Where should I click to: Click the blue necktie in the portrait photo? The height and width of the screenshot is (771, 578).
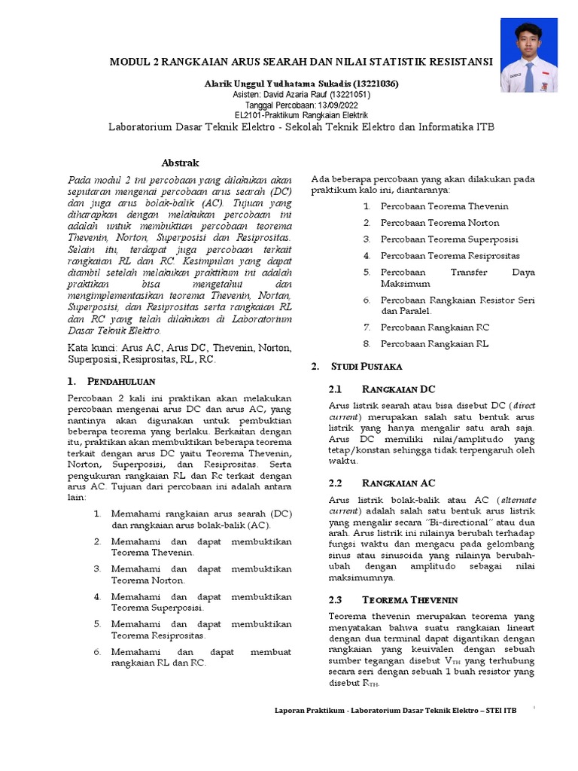[529, 77]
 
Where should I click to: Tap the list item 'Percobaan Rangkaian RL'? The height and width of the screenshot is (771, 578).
[434, 344]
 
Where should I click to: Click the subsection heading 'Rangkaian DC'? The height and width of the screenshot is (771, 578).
[398, 389]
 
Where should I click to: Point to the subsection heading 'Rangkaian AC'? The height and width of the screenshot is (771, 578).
[398, 482]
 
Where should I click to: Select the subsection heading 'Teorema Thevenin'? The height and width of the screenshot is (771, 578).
[409, 600]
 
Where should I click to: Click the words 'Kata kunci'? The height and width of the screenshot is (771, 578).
[91, 347]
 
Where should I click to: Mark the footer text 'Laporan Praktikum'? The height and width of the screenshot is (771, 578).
[308, 710]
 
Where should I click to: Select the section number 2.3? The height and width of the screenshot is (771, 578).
[336, 600]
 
